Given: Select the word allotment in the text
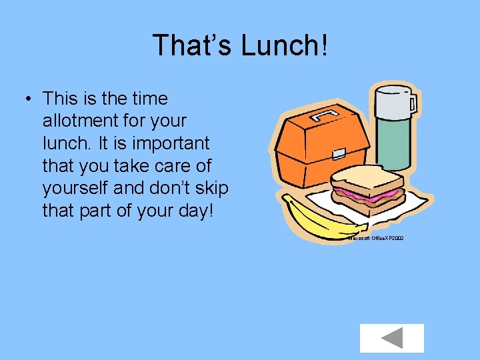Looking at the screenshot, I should tap(83, 121).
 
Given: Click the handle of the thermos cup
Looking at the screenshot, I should tap(413, 103).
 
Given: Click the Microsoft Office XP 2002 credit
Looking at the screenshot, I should tap(375, 238).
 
